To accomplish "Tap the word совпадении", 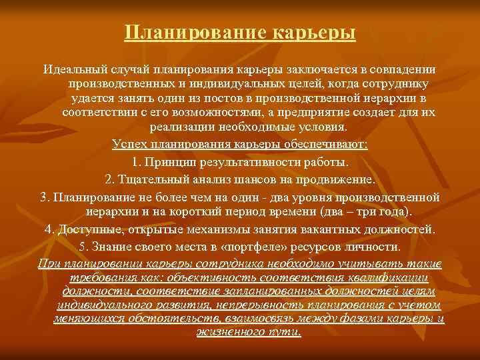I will (405, 70).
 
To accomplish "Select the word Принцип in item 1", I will (172, 162).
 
